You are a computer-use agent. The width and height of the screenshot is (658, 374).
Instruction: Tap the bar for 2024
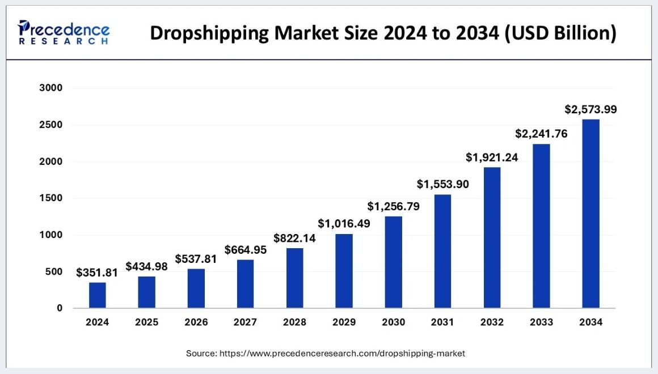97,295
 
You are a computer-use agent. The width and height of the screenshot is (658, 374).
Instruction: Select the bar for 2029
344,271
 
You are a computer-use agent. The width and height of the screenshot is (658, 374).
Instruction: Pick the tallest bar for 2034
590,214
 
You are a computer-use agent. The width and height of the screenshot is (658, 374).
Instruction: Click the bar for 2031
442,251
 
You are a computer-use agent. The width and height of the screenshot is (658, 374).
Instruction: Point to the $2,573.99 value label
590,109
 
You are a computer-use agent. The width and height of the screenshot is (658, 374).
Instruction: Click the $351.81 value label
97,273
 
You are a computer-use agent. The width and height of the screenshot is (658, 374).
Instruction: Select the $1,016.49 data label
344,224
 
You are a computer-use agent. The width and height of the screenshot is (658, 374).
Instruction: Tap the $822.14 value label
294,238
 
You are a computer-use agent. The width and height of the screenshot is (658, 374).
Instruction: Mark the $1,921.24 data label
492,158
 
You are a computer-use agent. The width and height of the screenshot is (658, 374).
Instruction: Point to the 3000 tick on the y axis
51,88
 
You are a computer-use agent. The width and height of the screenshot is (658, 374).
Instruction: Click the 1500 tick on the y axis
51,198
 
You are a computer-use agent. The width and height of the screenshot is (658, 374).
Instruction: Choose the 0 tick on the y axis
59,308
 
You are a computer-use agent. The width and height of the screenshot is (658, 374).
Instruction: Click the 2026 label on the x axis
196,322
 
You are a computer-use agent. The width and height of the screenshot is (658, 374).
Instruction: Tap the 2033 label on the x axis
541,322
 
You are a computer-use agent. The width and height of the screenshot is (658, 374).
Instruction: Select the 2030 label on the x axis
393,322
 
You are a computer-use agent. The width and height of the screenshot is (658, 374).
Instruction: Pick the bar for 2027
245,284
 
